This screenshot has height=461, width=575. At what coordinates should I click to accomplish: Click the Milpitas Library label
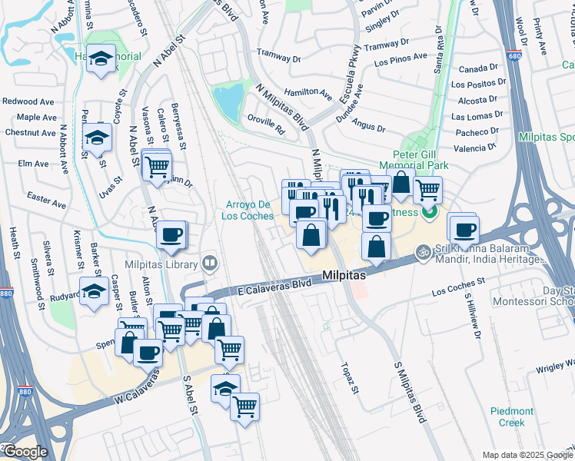coord(160,265)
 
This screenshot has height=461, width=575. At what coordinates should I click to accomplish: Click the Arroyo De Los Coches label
coord(249,210)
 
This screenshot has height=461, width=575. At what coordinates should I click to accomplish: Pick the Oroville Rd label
coord(266,125)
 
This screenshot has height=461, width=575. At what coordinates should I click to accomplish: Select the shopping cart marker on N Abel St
coord(157,165)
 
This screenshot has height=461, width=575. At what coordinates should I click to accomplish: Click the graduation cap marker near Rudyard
coord(95,292)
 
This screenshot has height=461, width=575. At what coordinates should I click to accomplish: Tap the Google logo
coord(25,452)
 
